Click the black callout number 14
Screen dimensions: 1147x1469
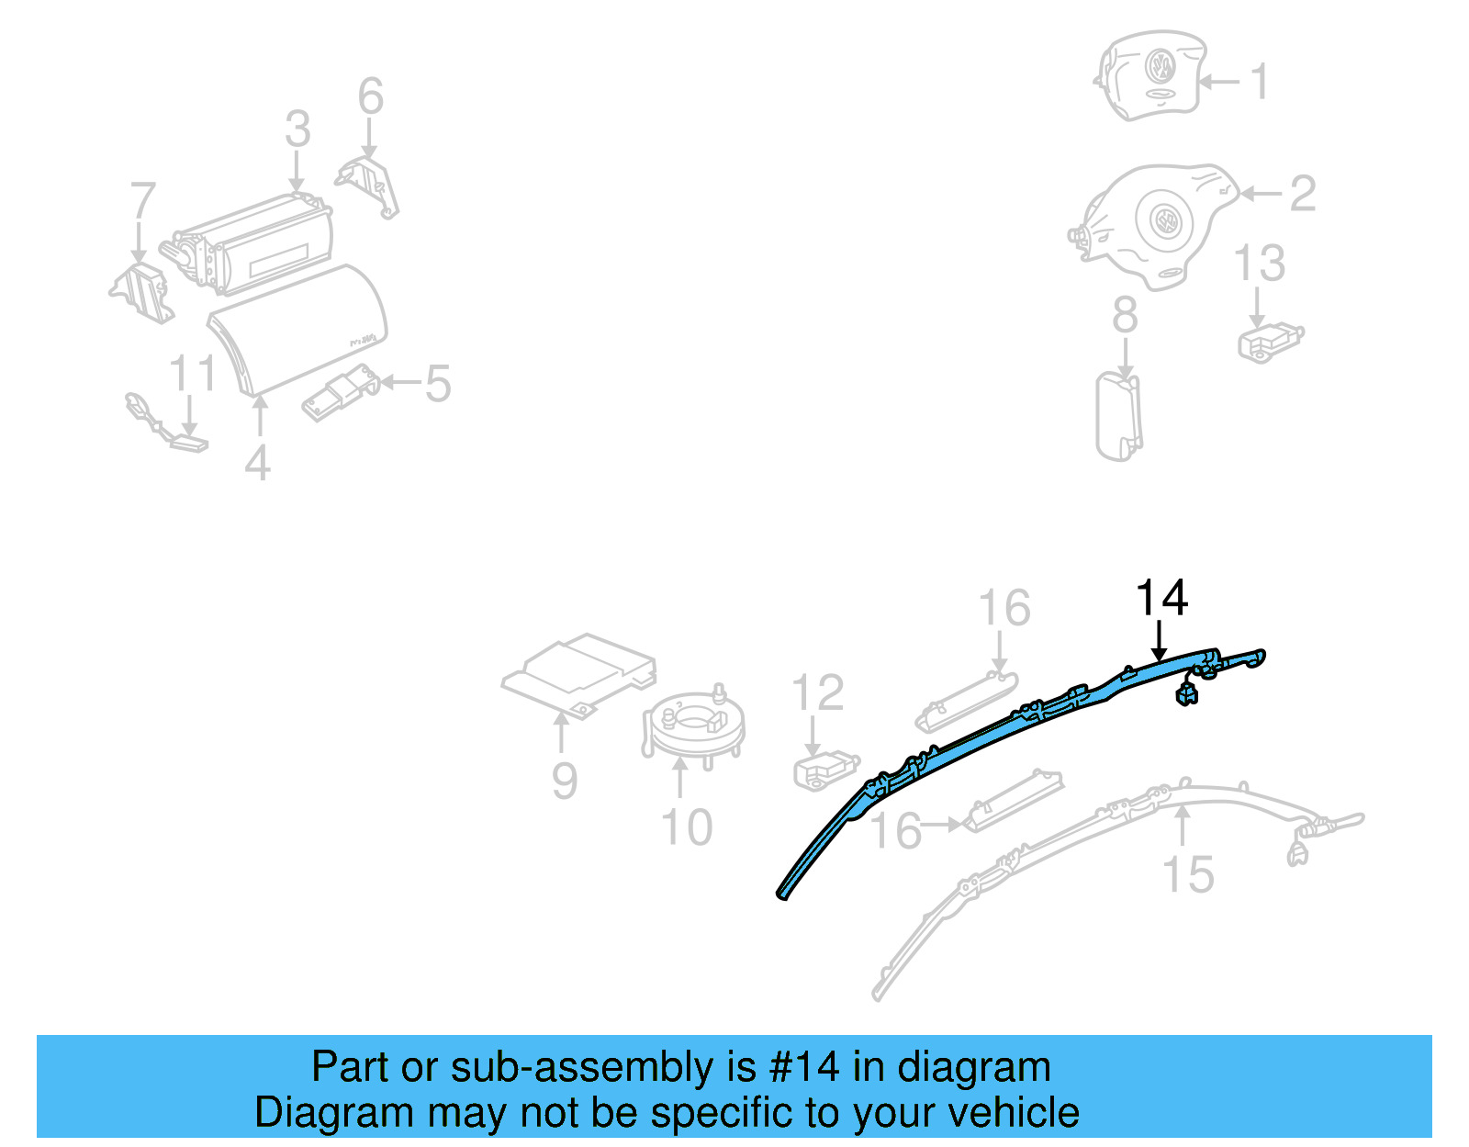pyautogui.click(x=1161, y=598)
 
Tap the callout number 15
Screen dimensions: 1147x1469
pyautogui.click(x=1187, y=874)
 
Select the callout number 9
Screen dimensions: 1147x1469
pyautogui.click(x=565, y=781)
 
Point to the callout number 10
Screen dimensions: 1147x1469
pyautogui.click(x=686, y=827)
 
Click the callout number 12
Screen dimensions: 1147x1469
pyautogui.click(x=817, y=693)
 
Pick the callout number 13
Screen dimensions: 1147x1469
pyautogui.click(x=1259, y=264)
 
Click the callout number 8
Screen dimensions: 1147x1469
pyautogui.click(x=1125, y=315)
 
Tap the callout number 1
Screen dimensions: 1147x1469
pyautogui.click(x=1261, y=82)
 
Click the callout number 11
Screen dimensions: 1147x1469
pyautogui.click(x=192, y=374)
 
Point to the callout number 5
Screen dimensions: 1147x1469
pyautogui.click(x=438, y=383)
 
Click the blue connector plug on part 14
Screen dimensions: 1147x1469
pyautogui.click(x=1186, y=695)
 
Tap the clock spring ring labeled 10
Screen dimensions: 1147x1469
pyautogui.click(x=693, y=725)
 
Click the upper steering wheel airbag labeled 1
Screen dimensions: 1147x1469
pyautogui.click(x=1151, y=75)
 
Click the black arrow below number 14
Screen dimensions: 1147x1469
pyautogui.click(x=1160, y=641)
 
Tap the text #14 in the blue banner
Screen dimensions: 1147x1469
pyautogui.click(x=804, y=1067)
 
